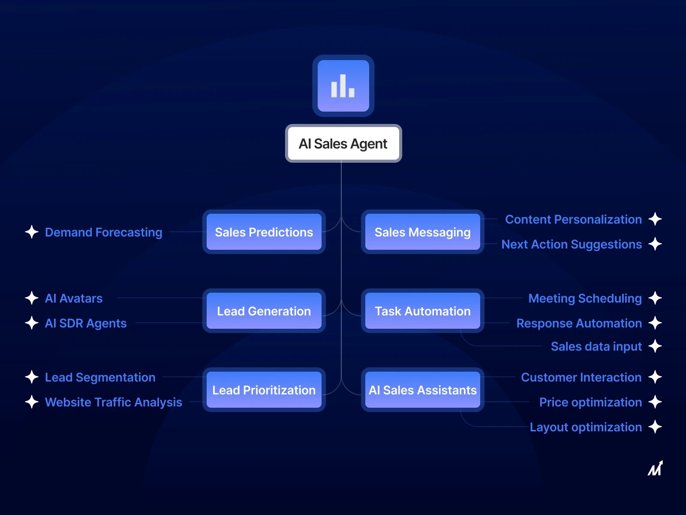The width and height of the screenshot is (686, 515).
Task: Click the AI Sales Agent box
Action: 343,144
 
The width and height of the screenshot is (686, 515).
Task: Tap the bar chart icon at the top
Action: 343,86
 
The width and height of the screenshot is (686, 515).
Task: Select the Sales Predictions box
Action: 264,232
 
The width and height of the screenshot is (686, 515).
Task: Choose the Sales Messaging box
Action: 422,232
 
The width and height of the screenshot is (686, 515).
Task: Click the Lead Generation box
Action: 264,311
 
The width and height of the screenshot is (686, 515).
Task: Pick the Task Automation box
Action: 422,311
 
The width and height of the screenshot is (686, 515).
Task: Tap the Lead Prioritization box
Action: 264,390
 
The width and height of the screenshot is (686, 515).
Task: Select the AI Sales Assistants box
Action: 422,390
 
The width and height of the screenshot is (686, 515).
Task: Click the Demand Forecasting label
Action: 103,232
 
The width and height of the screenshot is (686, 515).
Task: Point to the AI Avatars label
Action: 74,298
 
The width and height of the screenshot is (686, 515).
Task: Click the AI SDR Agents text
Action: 86,323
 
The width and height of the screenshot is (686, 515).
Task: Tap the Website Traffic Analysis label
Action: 114,402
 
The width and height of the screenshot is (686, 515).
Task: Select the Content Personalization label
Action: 573,219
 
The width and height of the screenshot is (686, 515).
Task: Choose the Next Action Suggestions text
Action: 572,244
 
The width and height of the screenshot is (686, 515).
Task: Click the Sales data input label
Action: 596,346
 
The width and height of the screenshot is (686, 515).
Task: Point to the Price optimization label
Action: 590,402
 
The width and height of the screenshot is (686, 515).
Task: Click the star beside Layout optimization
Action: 655,427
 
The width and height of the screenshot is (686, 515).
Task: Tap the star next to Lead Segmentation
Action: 32,377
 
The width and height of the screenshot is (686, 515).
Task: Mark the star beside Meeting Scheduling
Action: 655,298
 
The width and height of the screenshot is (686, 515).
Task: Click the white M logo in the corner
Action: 655,469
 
